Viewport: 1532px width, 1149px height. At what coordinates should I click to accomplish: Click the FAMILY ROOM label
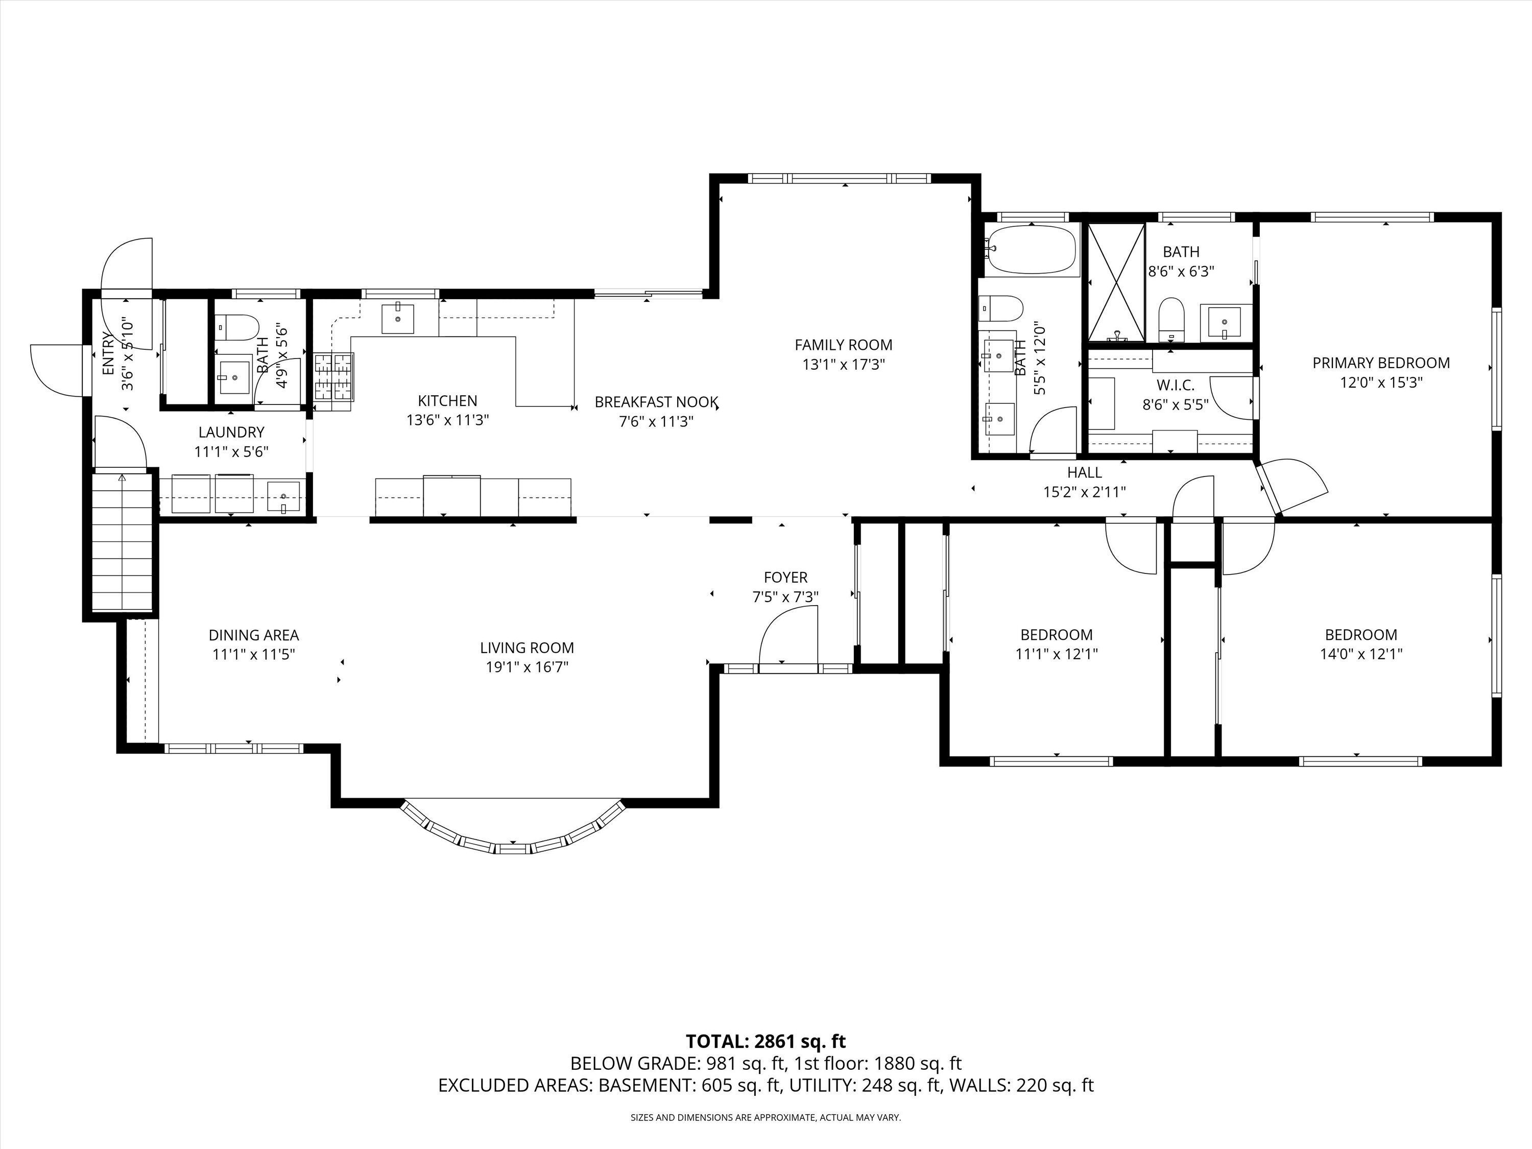coord(843,345)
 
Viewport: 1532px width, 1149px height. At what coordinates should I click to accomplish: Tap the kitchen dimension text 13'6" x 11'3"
coord(447,420)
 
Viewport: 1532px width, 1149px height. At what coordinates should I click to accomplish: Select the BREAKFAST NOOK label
coord(656,402)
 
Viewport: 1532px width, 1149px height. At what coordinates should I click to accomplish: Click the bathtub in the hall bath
coord(1032,249)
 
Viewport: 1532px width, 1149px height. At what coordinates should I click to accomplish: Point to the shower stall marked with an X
coord(1116,282)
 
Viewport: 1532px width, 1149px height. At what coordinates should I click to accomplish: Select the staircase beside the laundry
coord(122,542)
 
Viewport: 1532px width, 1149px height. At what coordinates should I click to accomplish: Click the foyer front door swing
coord(789,636)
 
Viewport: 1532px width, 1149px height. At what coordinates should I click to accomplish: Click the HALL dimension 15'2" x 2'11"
coord(1084,492)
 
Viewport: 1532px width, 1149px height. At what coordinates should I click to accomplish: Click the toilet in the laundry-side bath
coord(236,327)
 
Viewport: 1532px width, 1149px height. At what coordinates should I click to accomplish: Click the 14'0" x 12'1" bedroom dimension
coord(1360,654)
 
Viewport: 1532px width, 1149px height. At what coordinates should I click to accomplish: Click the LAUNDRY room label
coord(231,432)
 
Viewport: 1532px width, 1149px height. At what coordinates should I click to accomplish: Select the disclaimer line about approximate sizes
coord(765,1118)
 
